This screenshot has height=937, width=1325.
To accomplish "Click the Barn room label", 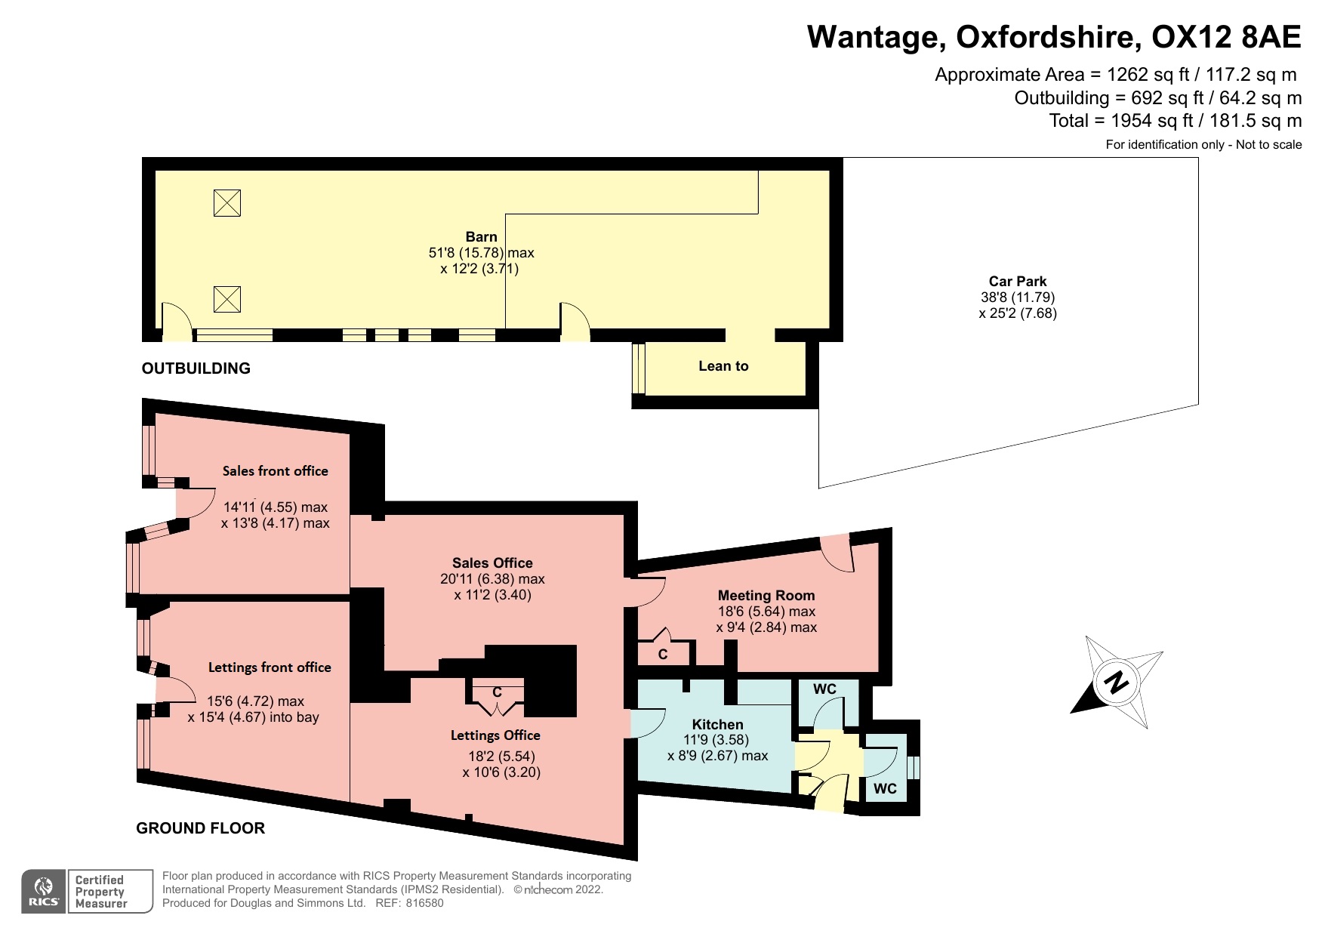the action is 481,236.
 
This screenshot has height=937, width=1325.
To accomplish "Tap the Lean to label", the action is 723,366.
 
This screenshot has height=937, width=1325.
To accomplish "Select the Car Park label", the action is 1018,282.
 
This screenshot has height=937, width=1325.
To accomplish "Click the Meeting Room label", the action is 766,595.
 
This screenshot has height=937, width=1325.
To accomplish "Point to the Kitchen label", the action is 717,724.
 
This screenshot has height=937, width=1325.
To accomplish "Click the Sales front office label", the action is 276,470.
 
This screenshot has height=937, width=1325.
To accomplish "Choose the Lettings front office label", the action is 270,667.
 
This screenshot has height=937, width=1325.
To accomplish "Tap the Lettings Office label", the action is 495,735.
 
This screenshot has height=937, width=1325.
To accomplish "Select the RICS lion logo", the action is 45,891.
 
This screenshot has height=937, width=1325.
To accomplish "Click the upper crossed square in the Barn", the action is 226,203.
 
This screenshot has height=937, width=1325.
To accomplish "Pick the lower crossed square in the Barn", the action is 226,299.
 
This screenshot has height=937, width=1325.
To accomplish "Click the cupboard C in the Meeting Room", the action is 663,655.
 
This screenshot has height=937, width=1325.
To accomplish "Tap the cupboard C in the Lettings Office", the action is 497,692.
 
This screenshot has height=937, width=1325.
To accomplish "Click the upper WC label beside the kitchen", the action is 824,689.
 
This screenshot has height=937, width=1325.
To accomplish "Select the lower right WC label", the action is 885,789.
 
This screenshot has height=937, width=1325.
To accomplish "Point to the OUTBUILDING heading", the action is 196,368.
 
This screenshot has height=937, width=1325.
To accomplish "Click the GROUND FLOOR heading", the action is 201,828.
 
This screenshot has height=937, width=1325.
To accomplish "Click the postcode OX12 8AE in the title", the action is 1228,36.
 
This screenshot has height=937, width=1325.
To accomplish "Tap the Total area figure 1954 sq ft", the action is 1157,121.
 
